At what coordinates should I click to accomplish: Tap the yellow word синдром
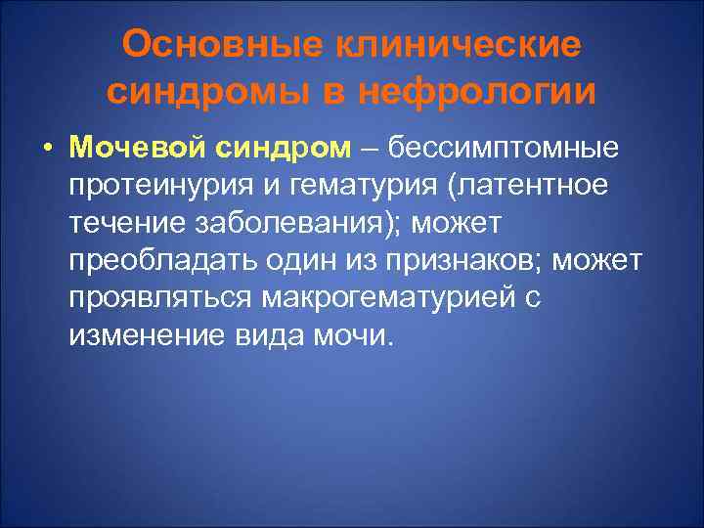pos(282,149)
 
